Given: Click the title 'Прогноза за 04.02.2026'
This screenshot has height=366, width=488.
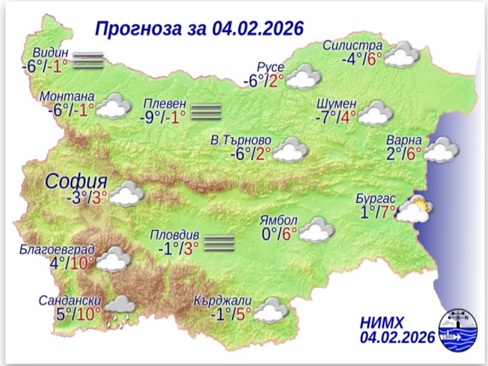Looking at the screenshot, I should pos(199,29).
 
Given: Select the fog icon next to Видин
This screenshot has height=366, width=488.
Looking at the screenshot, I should pos(88,60).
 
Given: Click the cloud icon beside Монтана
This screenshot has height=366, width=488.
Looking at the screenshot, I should pos(114,105).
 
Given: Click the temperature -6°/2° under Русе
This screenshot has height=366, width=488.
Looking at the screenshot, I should pos(263,81).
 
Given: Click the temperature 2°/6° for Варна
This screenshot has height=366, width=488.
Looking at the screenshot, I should pos(403,153).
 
